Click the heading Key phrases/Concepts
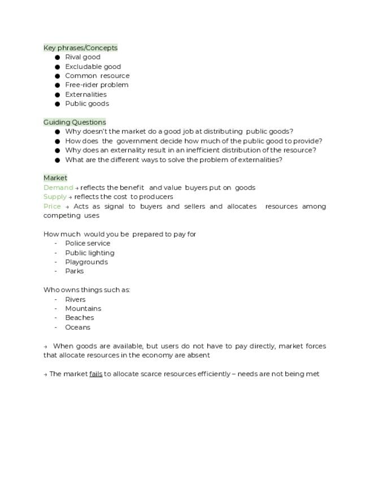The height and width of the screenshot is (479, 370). (x=80, y=48)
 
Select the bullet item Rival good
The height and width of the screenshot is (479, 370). (x=82, y=57)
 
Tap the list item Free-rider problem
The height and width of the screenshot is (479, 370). (x=97, y=85)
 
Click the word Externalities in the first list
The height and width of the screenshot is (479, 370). (x=85, y=94)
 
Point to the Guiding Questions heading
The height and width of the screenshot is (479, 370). (x=75, y=122)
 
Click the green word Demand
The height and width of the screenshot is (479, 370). (x=58, y=188)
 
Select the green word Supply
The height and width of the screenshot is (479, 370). (x=55, y=197)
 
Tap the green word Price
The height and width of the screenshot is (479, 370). (x=51, y=206)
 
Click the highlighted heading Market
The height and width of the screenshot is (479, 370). (x=55, y=178)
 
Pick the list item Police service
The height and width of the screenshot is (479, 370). (x=88, y=243)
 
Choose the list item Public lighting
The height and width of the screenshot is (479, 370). (x=89, y=253)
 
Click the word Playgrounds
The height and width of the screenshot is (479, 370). (x=86, y=262)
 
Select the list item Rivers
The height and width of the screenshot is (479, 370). (x=75, y=299)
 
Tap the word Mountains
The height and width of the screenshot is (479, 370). (x=83, y=308)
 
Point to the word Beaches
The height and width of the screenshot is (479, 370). (x=79, y=317)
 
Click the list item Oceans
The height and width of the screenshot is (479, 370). (x=77, y=327)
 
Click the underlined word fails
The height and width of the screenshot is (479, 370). (x=95, y=374)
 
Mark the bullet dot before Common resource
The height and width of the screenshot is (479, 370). (x=58, y=76)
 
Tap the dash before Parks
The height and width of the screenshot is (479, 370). (x=56, y=271)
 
